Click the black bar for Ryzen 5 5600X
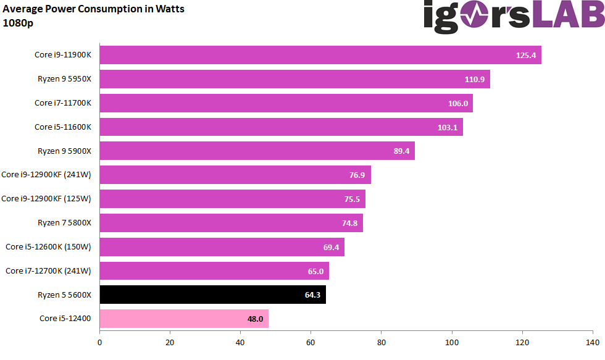pyautogui.click(x=212, y=295)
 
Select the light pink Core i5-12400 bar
pyautogui.click(x=184, y=319)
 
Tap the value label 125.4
pyautogui.click(x=526, y=56)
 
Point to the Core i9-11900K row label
pyautogui.click(x=62, y=55)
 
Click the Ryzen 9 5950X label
pyautogui.click(x=64, y=79)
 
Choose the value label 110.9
pyautogui.click(x=475, y=80)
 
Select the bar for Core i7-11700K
pyautogui.click(x=286, y=103)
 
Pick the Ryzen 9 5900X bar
pyautogui.click(x=257, y=151)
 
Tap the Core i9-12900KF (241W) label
pyautogui.click(x=46, y=175)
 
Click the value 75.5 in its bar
pyautogui.click(x=351, y=199)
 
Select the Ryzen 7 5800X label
pyautogui.click(x=64, y=223)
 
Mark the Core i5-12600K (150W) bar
pyautogui.click(x=222, y=247)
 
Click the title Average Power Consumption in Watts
pyautogui.click(x=93, y=9)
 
